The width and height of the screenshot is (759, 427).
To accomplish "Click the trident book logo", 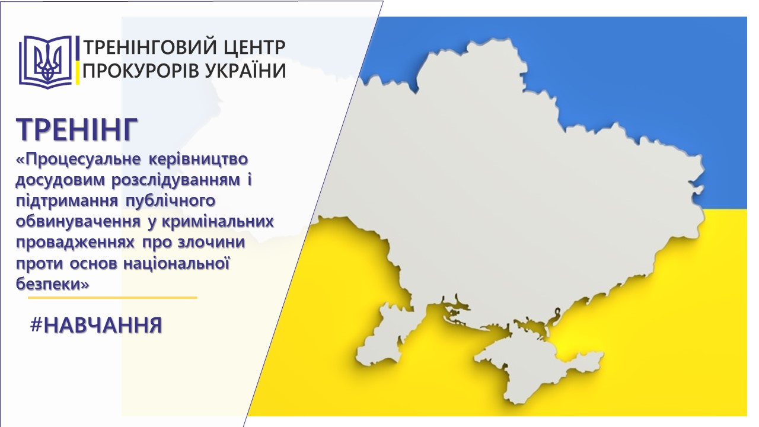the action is (x=46, y=62).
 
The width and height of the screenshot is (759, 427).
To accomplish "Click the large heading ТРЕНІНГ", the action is (x=77, y=129).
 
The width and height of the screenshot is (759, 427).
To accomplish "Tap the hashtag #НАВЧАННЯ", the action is (x=96, y=325).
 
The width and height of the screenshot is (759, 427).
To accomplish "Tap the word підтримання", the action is (x=67, y=201).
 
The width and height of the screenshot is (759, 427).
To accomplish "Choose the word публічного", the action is (x=171, y=201).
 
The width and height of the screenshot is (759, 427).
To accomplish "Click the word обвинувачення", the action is (x=78, y=222).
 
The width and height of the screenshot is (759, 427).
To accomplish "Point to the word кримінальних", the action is (x=218, y=222).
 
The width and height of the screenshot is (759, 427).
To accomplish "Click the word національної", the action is (x=177, y=263).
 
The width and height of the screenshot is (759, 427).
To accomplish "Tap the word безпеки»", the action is (x=53, y=284).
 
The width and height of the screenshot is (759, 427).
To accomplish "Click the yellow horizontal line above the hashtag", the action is (x=113, y=298).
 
